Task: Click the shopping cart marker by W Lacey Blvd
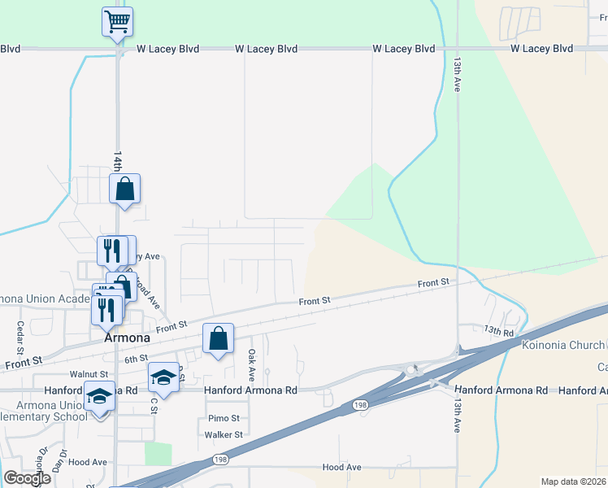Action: (x=118, y=22)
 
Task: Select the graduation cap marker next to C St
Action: (x=163, y=377)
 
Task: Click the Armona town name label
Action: (x=127, y=338)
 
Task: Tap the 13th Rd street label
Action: (x=499, y=331)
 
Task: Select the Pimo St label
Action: (x=223, y=418)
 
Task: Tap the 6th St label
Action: (x=136, y=358)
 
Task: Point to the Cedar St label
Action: (x=20, y=333)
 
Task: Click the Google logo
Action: (x=28, y=478)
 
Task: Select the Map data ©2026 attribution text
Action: (x=573, y=481)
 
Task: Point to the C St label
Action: (x=152, y=404)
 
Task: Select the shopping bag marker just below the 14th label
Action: (x=125, y=190)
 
